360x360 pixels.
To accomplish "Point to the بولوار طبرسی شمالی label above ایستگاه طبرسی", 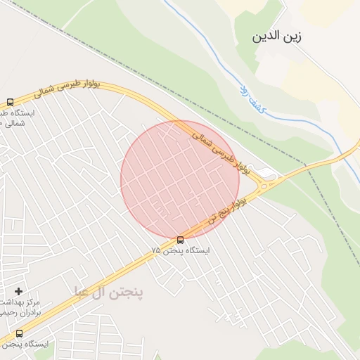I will (x=68, y=91).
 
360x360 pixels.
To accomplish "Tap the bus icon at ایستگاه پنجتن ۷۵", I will (x=181, y=240).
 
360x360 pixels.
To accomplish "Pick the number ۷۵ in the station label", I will (x=155, y=250).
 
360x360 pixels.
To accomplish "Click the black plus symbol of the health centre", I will (x=18, y=291).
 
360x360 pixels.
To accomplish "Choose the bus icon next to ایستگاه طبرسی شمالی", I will (x=10, y=102).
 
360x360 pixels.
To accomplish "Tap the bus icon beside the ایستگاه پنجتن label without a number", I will (x=19, y=333).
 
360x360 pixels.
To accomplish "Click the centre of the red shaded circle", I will (x=180, y=180).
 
